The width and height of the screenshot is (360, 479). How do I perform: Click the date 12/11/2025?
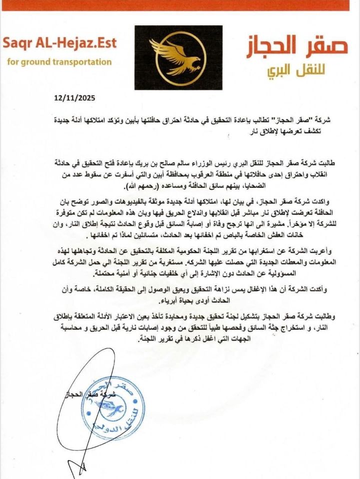point(74,98)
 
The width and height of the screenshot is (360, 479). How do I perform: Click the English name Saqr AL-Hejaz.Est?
point(59,43)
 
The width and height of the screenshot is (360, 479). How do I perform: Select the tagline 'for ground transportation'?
point(59,62)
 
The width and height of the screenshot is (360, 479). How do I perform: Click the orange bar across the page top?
point(180,5)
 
